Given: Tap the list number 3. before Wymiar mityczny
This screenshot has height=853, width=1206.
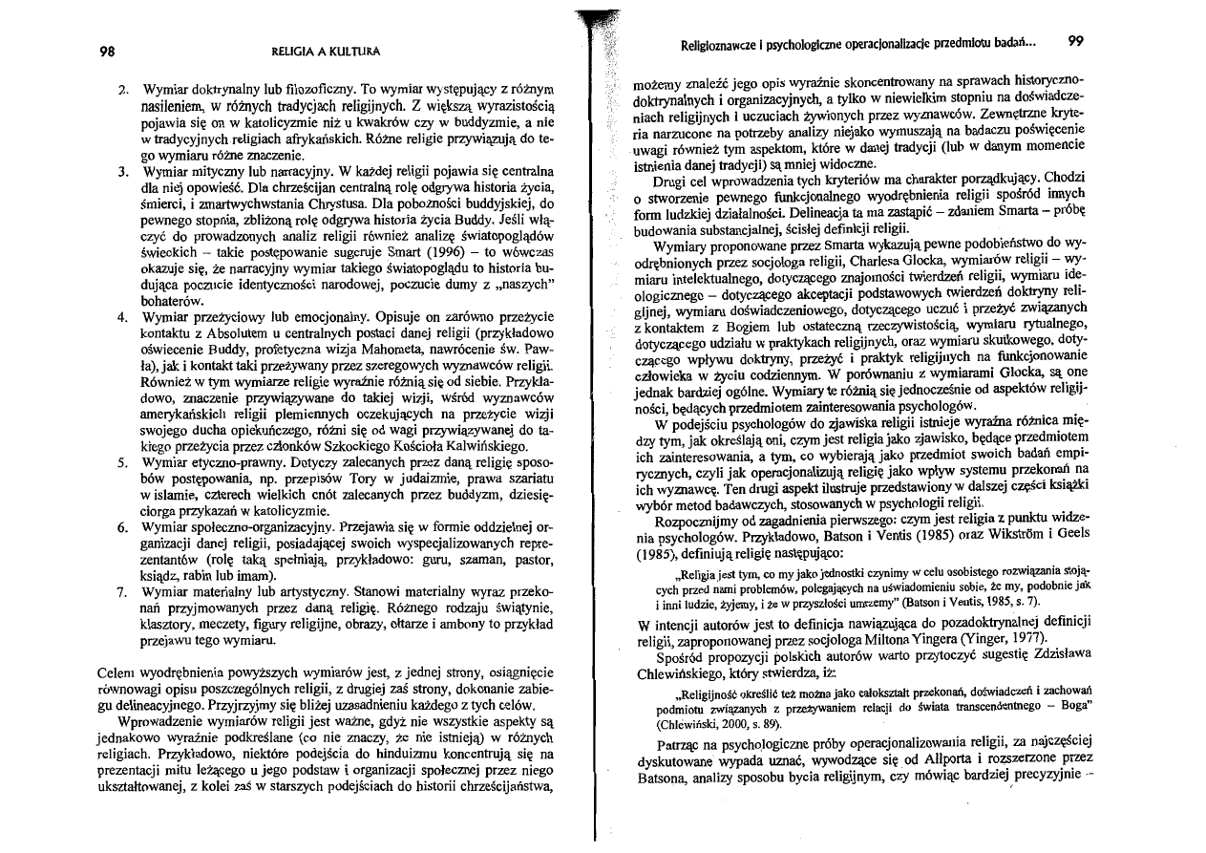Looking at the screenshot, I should click(122, 173).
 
